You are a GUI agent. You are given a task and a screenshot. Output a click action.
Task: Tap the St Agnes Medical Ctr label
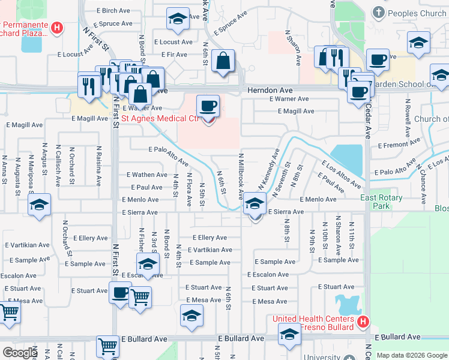(160, 118)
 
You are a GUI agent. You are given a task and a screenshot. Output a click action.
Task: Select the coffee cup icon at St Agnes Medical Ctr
(208, 106)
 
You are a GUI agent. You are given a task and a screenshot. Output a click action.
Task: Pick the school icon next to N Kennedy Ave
(255, 204)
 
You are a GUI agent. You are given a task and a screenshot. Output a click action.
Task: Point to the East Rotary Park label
(382, 202)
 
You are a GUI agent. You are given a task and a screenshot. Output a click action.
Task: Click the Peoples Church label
(417, 13)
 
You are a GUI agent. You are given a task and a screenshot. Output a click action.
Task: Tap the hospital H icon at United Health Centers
(363, 322)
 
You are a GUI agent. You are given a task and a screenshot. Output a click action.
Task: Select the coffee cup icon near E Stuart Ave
(120, 293)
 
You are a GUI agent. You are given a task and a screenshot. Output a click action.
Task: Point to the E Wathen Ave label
(146, 175)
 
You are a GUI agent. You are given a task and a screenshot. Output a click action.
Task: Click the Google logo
(20, 353)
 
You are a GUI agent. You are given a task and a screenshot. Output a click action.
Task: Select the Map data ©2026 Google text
(412, 355)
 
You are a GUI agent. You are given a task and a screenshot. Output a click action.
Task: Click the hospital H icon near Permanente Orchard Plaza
(57, 27)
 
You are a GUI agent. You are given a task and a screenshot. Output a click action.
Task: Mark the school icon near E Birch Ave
(178, 19)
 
